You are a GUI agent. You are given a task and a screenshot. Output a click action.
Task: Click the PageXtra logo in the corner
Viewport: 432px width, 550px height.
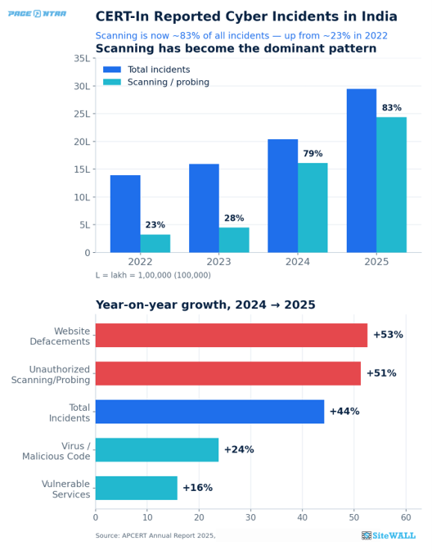pyautogui.click(x=37, y=14)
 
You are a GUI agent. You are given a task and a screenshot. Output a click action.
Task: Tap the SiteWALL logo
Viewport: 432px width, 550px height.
pyautogui.click(x=389, y=535)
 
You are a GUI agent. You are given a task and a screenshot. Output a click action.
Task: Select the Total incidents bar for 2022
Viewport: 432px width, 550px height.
pyautogui.click(x=125, y=214)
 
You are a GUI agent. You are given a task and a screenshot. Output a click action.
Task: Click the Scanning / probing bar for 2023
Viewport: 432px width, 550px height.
pyautogui.click(x=234, y=240)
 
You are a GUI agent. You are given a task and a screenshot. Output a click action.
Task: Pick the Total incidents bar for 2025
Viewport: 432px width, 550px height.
pyautogui.click(x=362, y=170)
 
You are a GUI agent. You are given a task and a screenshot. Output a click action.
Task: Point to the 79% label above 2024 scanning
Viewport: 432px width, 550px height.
pyautogui.click(x=313, y=154)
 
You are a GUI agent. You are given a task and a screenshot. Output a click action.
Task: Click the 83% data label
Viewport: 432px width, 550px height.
pyautogui.click(x=392, y=108)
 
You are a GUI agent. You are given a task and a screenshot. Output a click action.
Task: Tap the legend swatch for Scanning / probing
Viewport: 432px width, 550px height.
pyautogui.click(x=112, y=82)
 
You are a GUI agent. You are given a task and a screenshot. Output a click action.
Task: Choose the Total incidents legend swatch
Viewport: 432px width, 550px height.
pyautogui.click(x=112, y=70)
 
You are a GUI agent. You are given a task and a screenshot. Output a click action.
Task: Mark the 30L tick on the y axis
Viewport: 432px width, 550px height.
pyautogui.click(x=82, y=86)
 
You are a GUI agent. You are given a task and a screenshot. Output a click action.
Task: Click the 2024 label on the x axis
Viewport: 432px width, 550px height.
pyautogui.click(x=297, y=262)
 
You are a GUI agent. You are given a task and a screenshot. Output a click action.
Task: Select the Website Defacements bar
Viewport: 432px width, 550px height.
pyautogui.click(x=232, y=336)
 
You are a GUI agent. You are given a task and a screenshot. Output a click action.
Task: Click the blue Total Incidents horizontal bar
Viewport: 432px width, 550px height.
pyautogui.click(x=209, y=412)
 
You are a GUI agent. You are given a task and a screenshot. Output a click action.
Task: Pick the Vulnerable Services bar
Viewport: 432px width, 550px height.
pyautogui.click(x=137, y=488)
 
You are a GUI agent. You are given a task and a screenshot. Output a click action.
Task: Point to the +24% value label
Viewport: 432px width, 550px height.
pyautogui.click(x=239, y=449)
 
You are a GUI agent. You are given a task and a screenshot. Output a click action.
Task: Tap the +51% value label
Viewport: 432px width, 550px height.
pyautogui.click(x=381, y=373)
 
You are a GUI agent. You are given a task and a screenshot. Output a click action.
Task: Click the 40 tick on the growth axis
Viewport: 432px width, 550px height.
pyautogui.click(x=302, y=517)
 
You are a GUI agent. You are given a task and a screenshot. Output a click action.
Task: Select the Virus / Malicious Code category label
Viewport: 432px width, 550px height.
pyautogui.click(x=56, y=451)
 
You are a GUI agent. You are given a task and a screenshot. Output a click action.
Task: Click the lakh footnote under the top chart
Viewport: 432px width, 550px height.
pyautogui.click(x=153, y=275)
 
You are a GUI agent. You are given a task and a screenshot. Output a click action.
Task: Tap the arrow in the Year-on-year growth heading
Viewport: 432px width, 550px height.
pyautogui.click(x=275, y=304)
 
